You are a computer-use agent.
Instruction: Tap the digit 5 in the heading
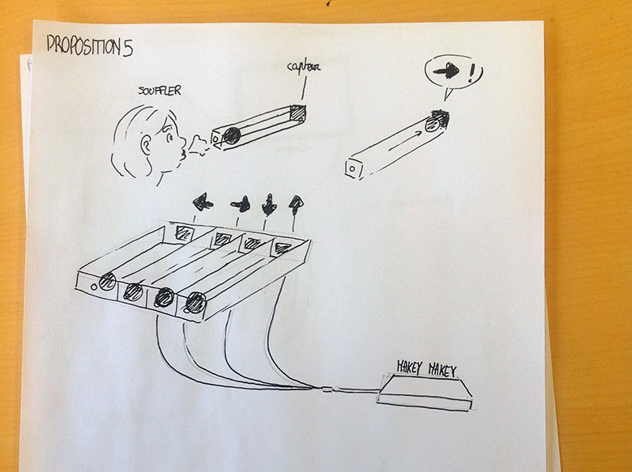tap(127, 47)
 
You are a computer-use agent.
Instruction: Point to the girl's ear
tap(147, 147)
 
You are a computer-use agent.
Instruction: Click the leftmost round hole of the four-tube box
tap(106, 283)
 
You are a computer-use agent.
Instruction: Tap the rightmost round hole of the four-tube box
tap(194, 304)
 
